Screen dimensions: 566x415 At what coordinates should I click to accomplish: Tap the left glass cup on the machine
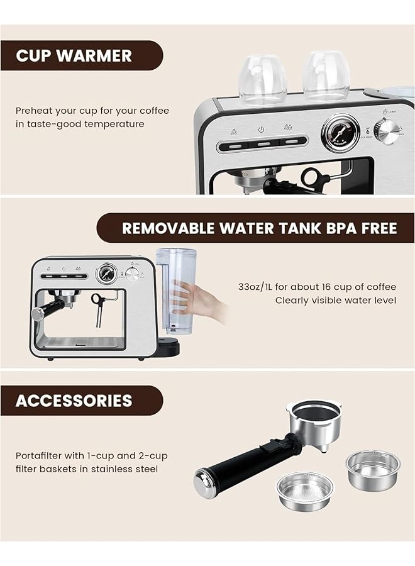262,79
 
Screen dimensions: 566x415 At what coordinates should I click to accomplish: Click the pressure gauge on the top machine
340,133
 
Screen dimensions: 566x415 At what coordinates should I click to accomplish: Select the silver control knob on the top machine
386,131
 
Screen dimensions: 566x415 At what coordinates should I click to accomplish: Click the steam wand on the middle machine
99,308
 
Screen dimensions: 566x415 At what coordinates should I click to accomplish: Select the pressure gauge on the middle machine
107,274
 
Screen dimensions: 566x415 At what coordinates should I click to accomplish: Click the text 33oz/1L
259,287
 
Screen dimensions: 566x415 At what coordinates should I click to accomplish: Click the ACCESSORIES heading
74,401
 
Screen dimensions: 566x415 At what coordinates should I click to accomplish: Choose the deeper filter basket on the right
372,466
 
